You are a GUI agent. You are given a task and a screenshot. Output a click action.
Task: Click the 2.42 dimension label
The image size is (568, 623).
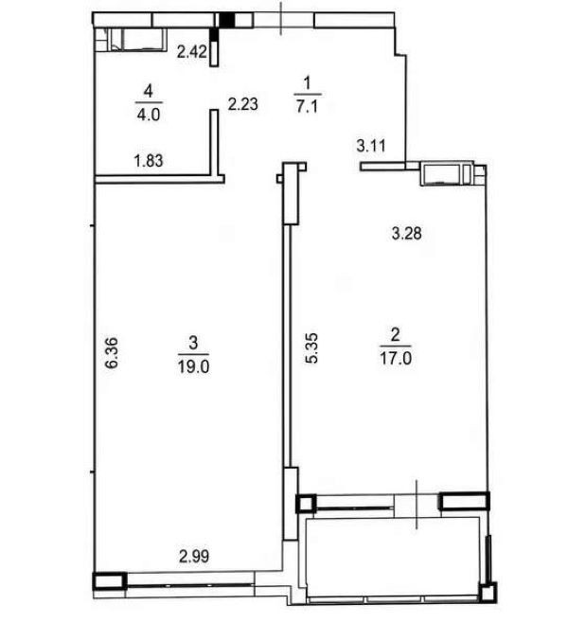191,52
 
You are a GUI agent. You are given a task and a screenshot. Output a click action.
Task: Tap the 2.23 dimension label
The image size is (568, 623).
242,104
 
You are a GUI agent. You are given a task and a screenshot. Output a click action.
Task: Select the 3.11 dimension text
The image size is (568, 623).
371,146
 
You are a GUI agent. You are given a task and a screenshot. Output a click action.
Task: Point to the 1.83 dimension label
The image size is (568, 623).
149,161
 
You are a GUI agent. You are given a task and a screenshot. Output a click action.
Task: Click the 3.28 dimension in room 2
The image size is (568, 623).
406,233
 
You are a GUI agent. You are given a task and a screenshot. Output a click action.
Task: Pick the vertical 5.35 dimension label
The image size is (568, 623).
311,348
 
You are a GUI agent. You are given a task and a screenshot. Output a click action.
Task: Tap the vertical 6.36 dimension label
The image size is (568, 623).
112,353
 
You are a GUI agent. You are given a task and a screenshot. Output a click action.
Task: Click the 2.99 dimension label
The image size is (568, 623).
194,557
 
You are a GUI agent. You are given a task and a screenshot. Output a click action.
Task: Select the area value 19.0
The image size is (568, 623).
193,366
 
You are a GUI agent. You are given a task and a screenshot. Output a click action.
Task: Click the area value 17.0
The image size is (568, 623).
396,359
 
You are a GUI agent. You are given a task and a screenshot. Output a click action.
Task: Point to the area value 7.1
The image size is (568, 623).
307,106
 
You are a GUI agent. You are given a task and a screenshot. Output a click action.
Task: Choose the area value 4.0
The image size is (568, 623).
149,115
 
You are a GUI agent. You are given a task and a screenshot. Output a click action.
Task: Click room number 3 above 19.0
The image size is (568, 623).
193,343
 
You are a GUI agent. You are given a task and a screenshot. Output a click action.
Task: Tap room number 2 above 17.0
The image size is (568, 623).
395,334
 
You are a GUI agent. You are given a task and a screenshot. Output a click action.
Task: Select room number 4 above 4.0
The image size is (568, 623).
149,92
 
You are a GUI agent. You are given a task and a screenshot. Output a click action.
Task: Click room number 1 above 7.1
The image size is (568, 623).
307,83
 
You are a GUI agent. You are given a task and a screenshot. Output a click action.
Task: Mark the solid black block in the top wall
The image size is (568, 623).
227,20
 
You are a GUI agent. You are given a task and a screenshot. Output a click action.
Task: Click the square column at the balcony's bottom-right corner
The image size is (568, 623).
488,593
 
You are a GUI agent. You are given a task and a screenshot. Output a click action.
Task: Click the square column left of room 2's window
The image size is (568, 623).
306,504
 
